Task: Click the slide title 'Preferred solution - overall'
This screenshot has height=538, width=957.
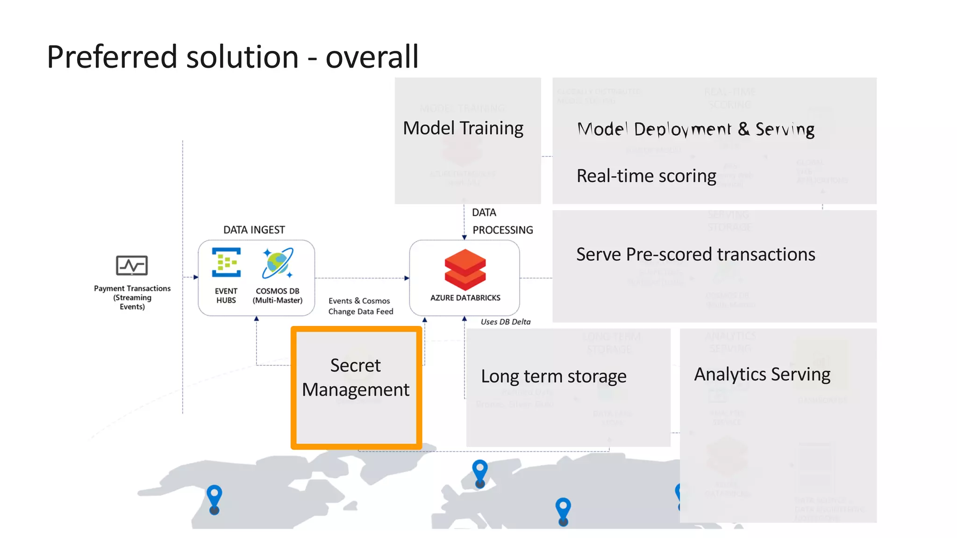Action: click(x=232, y=57)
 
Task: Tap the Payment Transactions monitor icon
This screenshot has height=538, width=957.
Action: click(x=132, y=265)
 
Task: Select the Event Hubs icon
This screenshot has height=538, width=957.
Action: click(x=226, y=262)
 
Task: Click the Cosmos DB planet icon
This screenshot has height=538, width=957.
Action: click(x=278, y=263)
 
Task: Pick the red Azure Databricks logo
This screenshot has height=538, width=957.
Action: click(x=465, y=269)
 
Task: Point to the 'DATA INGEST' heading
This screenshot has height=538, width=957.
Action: click(x=254, y=230)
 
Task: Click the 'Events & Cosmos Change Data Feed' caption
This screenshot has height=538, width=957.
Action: click(x=360, y=306)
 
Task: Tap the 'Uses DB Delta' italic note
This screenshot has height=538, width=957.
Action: click(x=505, y=322)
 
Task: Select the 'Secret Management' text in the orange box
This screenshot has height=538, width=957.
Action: click(x=356, y=377)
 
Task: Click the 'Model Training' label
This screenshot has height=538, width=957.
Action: click(x=463, y=128)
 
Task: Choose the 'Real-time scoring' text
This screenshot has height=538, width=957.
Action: click(x=646, y=176)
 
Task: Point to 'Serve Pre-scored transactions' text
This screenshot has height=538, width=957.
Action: click(x=695, y=255)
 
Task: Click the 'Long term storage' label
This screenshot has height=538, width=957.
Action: click(x=554, y=376)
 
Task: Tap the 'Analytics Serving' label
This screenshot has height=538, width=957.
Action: click(x=762, y=374)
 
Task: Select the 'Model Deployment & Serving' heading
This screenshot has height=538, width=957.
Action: click(x=696, y=129)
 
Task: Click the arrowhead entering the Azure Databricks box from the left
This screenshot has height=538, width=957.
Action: click(x=407, y=278)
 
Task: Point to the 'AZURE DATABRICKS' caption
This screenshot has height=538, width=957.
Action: click(x=465, y=297)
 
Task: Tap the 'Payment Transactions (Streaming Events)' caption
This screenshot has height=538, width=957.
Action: click(x=132, y=297)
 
